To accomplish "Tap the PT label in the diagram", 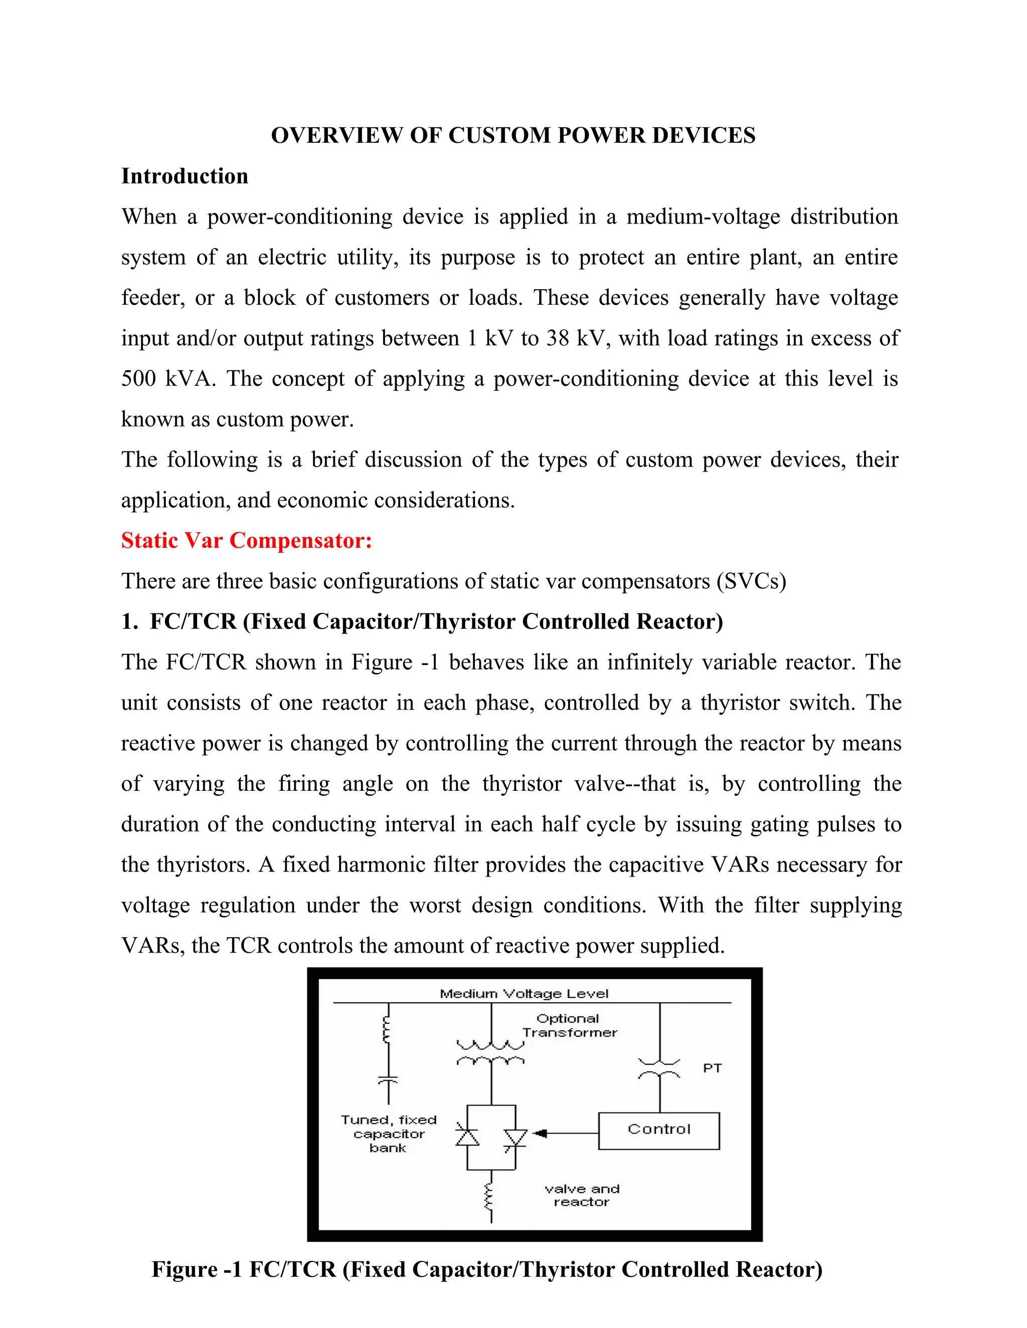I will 712,1068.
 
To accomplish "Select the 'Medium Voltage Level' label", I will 524,994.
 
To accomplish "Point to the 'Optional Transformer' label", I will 569,1025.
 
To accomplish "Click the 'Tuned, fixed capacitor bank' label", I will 389,1134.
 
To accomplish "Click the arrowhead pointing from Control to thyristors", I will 540,1133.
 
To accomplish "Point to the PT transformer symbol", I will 659,1069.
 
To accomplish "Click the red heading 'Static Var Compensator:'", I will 246,540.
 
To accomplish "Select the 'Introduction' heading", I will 185,176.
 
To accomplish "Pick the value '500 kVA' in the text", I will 167,378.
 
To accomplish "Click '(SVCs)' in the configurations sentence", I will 751,581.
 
